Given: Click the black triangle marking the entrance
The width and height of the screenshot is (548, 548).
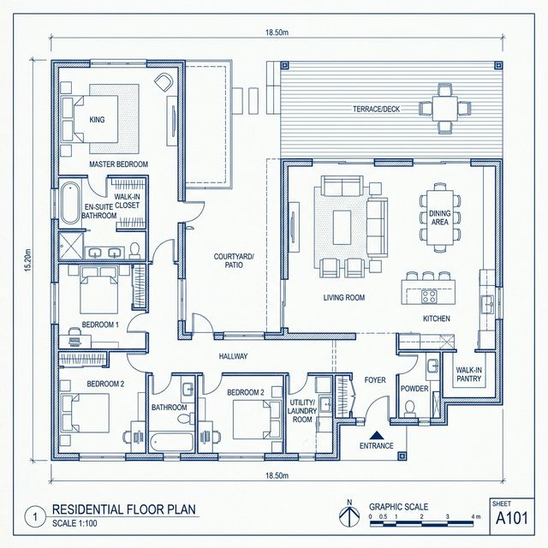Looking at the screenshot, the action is pyautogui.click(x=377, y=435).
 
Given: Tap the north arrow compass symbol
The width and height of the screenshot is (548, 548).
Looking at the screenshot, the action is pyautogui.click(x=349, y=514).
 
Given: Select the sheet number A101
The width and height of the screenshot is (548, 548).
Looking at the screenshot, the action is pyautogui.click(x=512, y=518).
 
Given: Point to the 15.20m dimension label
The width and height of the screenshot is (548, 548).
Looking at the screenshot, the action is pyautogui.click(x=28, y=260).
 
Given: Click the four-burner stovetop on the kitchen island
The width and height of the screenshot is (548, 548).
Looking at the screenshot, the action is pyautogui.click(x=428, y=296).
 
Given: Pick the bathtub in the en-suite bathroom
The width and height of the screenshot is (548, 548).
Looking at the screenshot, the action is pyautogui.click(x=70, y=204).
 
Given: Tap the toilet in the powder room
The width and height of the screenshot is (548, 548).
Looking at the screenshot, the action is pyautogui.click(x=409, y=409).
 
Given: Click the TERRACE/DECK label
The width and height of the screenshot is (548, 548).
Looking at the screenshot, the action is pyautogui.click(x=376, y=109).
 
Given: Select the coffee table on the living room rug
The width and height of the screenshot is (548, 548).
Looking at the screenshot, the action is pyautogui.click(x=342, y=227).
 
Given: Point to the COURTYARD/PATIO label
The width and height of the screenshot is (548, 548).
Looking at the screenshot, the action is pyautogui.click(x=234, y=260).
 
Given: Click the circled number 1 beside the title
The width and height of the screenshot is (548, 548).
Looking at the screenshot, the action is pyautogui.click(x=35, y=517).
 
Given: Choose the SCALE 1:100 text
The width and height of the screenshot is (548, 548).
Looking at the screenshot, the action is pyautogui.click(x=74, y=523).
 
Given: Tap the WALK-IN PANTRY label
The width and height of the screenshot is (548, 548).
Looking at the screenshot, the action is pyautogui.click(x=468, y=374).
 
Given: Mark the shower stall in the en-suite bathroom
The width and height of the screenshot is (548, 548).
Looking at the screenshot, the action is pyautogui.click(x=71, y=246).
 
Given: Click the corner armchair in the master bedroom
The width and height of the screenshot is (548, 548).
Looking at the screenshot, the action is pyautogui.click(x=164, y=82).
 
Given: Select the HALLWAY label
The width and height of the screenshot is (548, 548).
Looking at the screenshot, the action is pyautogui.click(x=233, y=356).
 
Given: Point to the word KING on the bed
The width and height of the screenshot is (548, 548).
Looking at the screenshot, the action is pyautogui.click(x=97, y=120).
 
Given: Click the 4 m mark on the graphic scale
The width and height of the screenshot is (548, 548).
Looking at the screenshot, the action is pyautogui.click(x=476, y=516).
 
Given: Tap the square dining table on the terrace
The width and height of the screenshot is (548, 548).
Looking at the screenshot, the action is pyautogui.click(x=444, y=109).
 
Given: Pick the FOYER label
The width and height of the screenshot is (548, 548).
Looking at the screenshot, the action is pyautogui.click(x=375, y=380).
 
